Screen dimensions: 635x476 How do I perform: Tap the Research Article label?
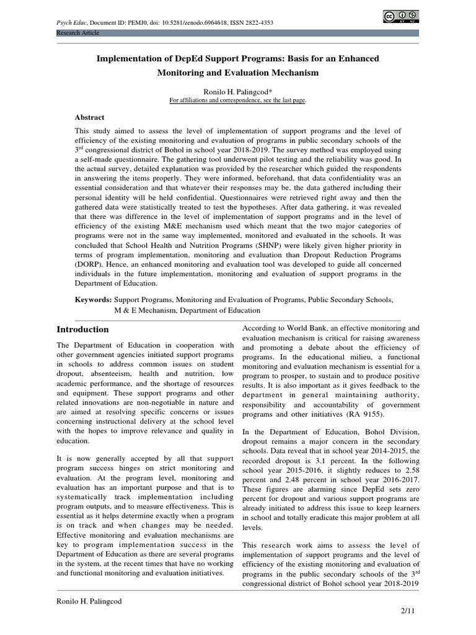coord(77,32)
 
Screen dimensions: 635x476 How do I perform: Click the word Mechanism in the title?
coord(291,73)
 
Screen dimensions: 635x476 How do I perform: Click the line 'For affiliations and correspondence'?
coord(238,100)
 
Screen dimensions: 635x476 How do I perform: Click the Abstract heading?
coord(90,117)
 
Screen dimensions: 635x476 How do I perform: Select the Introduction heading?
coord(82,329)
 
